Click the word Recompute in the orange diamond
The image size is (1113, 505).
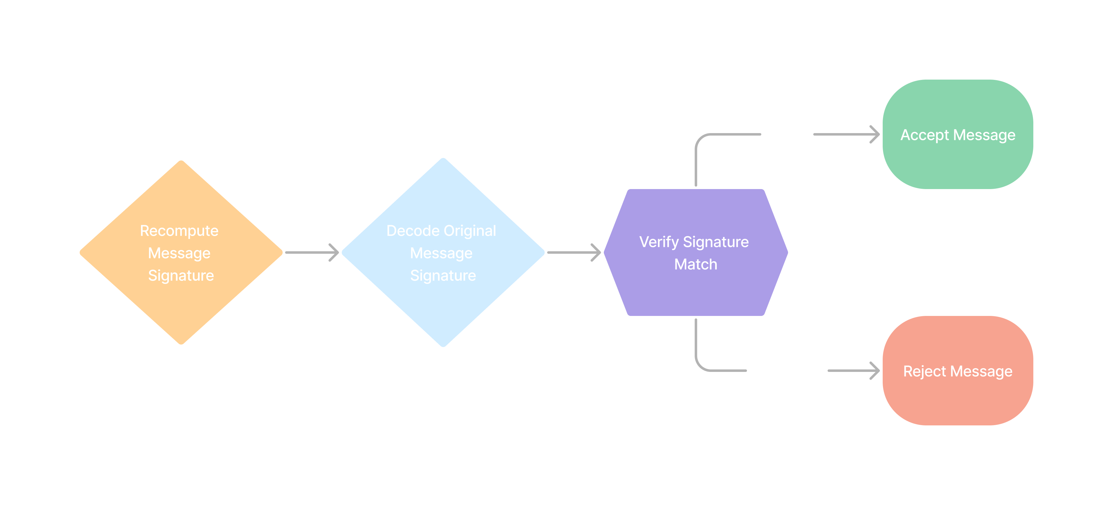coord(179,231)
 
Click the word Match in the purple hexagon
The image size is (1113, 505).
coord(696,264)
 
